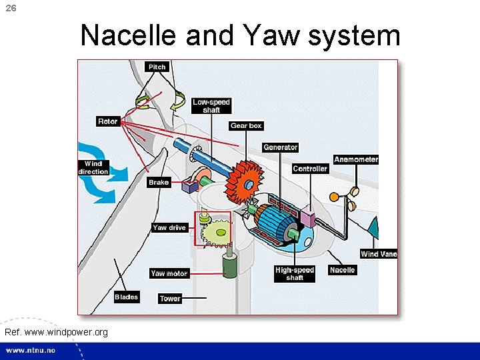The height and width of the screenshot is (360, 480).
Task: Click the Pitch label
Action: click(157, 67)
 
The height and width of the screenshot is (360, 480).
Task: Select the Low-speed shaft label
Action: click(211, 106)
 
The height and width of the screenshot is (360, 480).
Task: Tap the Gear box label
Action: click(246, 126)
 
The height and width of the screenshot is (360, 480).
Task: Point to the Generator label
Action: click(280, 147)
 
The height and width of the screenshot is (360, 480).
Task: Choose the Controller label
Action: click(310, 169)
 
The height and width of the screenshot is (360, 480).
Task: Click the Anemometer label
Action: click(356, 159)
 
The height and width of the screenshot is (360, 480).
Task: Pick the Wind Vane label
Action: click(379, 254)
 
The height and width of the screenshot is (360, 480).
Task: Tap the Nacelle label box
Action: click(342, 270)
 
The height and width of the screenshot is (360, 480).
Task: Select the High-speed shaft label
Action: click(294, 274)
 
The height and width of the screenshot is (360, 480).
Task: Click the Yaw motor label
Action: click(169, 273)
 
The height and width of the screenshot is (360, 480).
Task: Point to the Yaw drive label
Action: click(169, 228)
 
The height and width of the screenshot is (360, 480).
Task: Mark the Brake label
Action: click(159, 182)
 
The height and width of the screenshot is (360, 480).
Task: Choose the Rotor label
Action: click(107, 121)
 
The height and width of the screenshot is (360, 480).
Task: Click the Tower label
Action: click(170, 298)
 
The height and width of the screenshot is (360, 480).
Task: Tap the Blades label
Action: click(126, 297)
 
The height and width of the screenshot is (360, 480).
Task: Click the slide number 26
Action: click(10, 7)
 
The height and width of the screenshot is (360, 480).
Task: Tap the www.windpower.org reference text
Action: click(55, 331)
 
